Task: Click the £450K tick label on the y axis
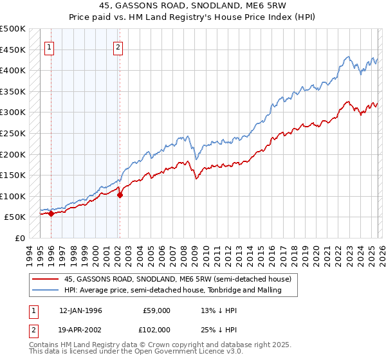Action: pyautogui.click(x=13, y=50)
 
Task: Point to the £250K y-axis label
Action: pyautogui.click(x=13, y=133)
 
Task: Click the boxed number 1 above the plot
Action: pyautogui.click(x=50, y=46)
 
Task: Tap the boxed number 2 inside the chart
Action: pyautogui.click(x=119, y=46)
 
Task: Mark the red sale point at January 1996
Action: pyautogui.click(x=51, y=213)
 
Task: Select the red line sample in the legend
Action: pyautogui.click(x=46, y=279)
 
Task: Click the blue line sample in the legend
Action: pyautogui.click(x=46, y=291)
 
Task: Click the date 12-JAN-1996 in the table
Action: pyautogui.click(x=80, y=310)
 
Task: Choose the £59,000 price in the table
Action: pyautogui.click(x=156, y=310)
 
